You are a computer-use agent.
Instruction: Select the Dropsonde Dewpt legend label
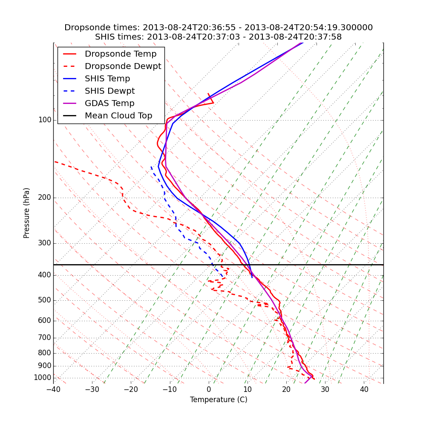[123, 66]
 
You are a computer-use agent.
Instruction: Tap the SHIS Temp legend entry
[107, 79]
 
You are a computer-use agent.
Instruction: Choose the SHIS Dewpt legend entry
[109, 91]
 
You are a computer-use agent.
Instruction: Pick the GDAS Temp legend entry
[109, 104]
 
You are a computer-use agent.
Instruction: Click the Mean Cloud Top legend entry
[118, 116]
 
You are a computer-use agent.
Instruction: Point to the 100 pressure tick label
[45, 120]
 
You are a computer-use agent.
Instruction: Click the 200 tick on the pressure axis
[45, 198]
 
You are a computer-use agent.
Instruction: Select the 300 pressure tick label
[45, 243]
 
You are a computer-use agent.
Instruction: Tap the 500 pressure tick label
[45, 300]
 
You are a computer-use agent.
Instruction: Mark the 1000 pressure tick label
[43, 378]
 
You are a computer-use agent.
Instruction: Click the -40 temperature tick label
[53, 389]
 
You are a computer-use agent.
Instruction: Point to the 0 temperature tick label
[209, 389]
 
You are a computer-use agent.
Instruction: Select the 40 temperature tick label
[364, 389]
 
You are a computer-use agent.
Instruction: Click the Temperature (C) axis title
[219, 400]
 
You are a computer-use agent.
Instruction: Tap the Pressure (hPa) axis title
[27, 213]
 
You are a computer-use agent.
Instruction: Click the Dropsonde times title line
[219, 28]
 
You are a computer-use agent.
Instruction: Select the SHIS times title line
[219, 37]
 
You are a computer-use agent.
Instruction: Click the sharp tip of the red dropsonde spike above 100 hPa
[213, 103]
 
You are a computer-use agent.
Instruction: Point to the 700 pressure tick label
[45, 338]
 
